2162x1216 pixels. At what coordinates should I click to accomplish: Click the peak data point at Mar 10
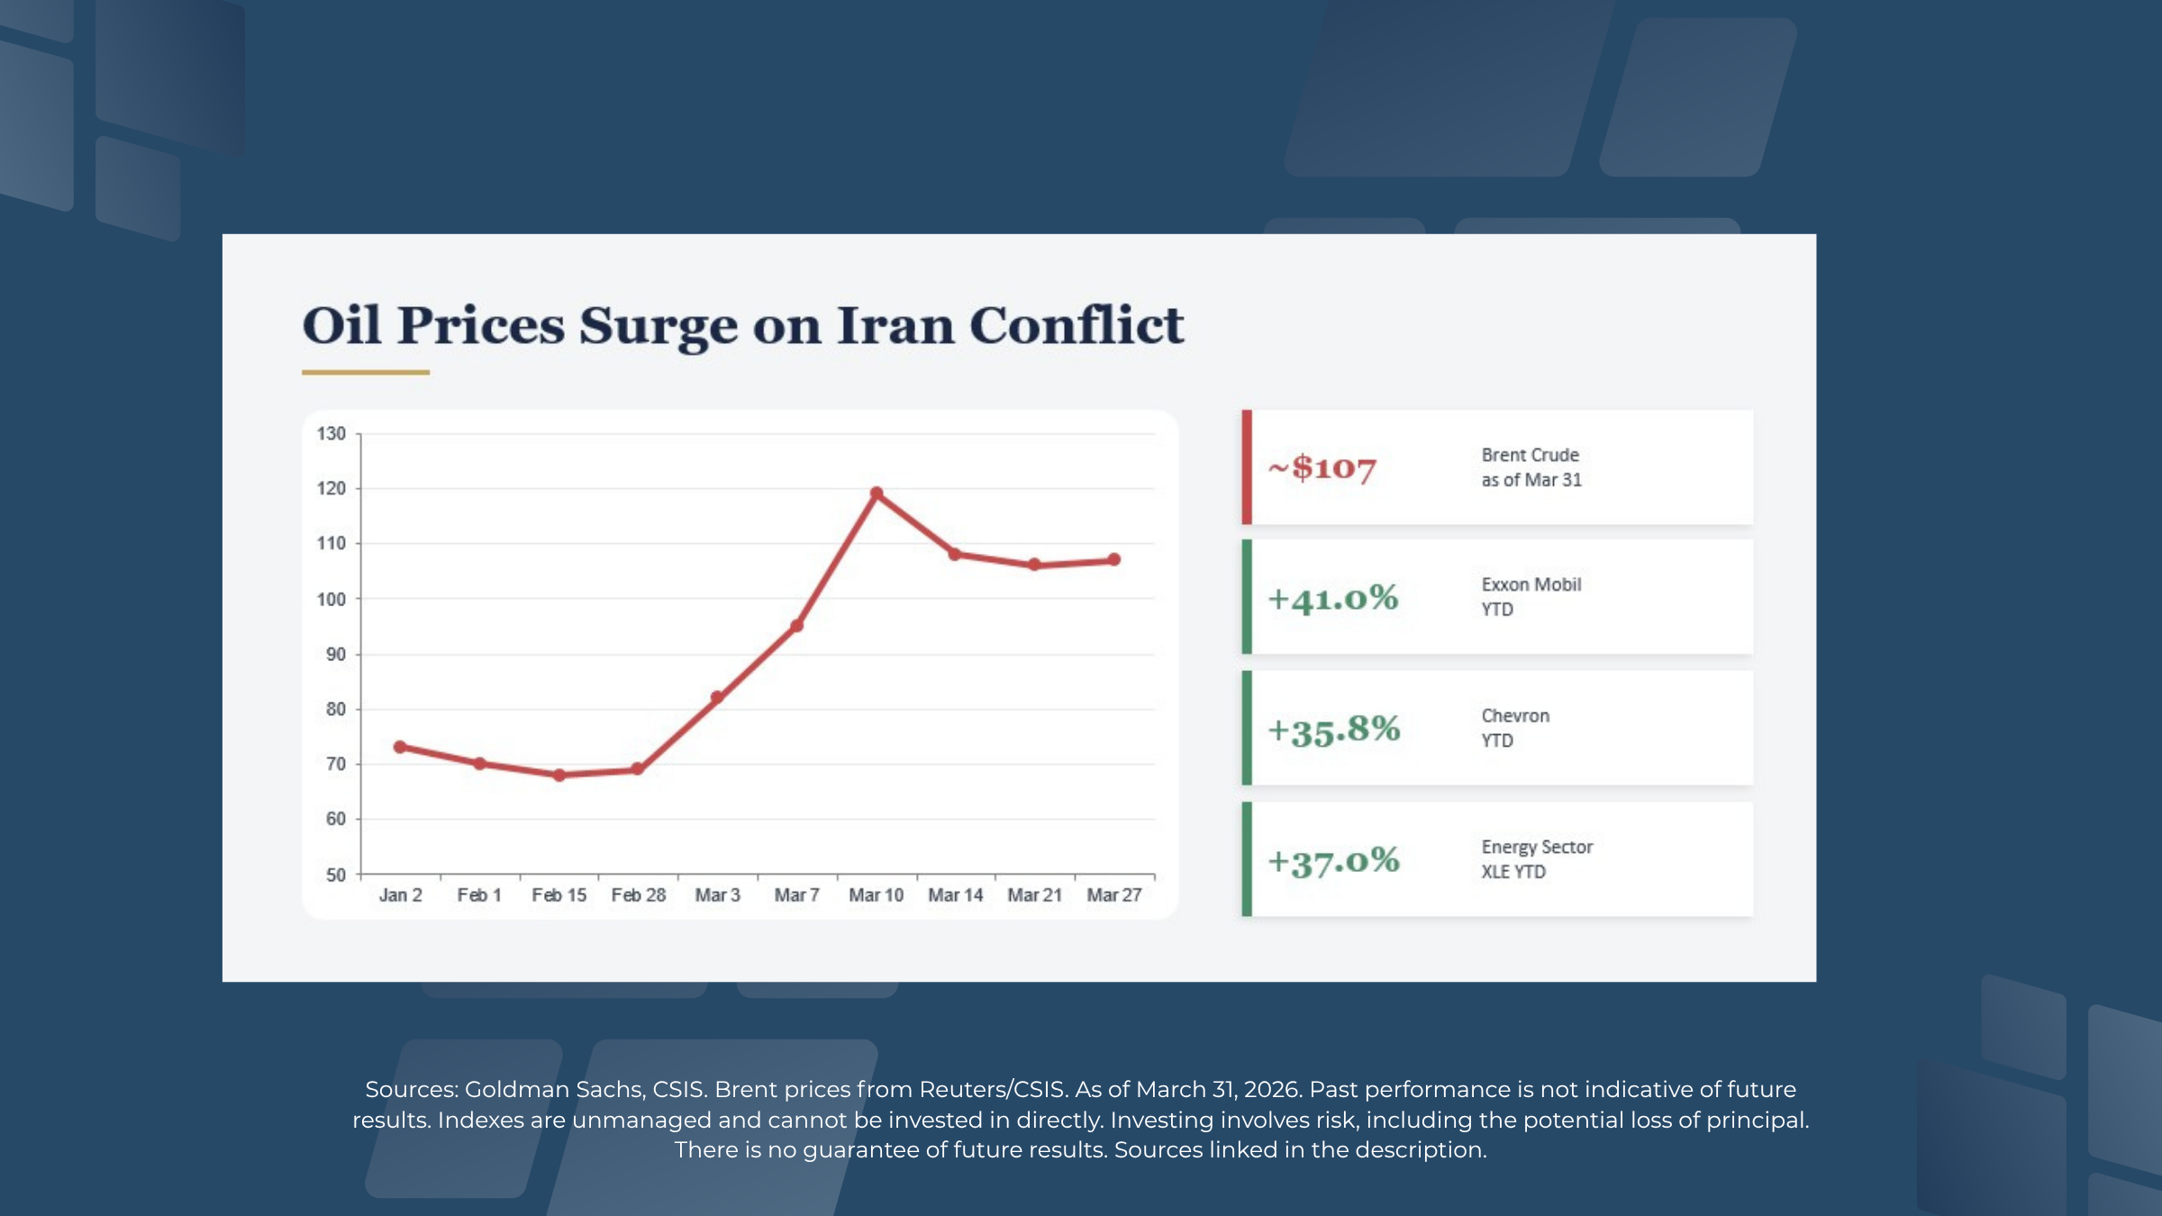point(877,494)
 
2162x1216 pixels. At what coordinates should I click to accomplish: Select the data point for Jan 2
point(400,747)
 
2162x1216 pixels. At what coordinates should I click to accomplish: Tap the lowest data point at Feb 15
point(559,775)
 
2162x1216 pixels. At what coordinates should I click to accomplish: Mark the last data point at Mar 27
point(1114,559)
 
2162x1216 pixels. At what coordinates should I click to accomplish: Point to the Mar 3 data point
point(717,697)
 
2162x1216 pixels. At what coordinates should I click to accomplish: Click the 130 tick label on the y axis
point(332,433)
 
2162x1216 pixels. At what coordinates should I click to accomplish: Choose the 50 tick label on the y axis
point(335,875)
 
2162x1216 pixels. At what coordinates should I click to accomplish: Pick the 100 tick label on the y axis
point(332,599)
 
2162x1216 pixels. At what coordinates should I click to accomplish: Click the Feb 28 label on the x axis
point(638,895)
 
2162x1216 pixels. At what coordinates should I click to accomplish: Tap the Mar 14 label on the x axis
point(955,895)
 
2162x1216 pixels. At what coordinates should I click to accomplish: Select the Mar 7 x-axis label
point(796,895)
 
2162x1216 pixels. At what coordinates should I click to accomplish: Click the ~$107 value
point(1322,468)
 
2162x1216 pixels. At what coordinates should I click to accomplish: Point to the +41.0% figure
point(1333,598)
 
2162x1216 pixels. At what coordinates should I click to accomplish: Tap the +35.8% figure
point(1334,730)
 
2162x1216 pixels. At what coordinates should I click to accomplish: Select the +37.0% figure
point(1334,861)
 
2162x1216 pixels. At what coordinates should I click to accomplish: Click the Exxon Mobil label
point(1531,585)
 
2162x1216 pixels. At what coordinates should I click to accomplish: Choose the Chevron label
point(1515,716)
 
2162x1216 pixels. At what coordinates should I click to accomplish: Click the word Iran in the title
point(895,325)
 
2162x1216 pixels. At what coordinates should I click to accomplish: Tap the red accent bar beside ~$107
point(1247,467)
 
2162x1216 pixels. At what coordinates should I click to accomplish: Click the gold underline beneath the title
point(366,372)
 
